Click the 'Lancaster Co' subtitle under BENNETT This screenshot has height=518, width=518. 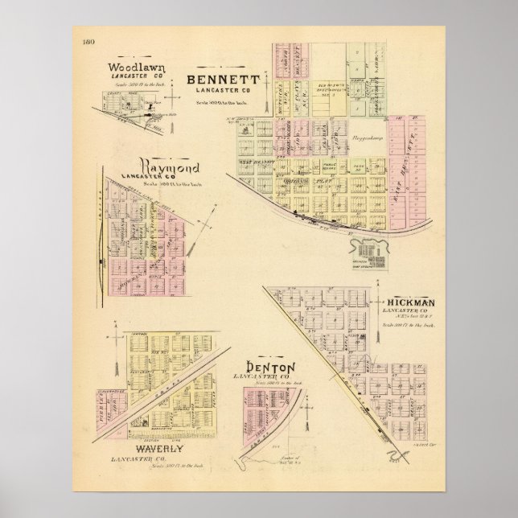point(222,91)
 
